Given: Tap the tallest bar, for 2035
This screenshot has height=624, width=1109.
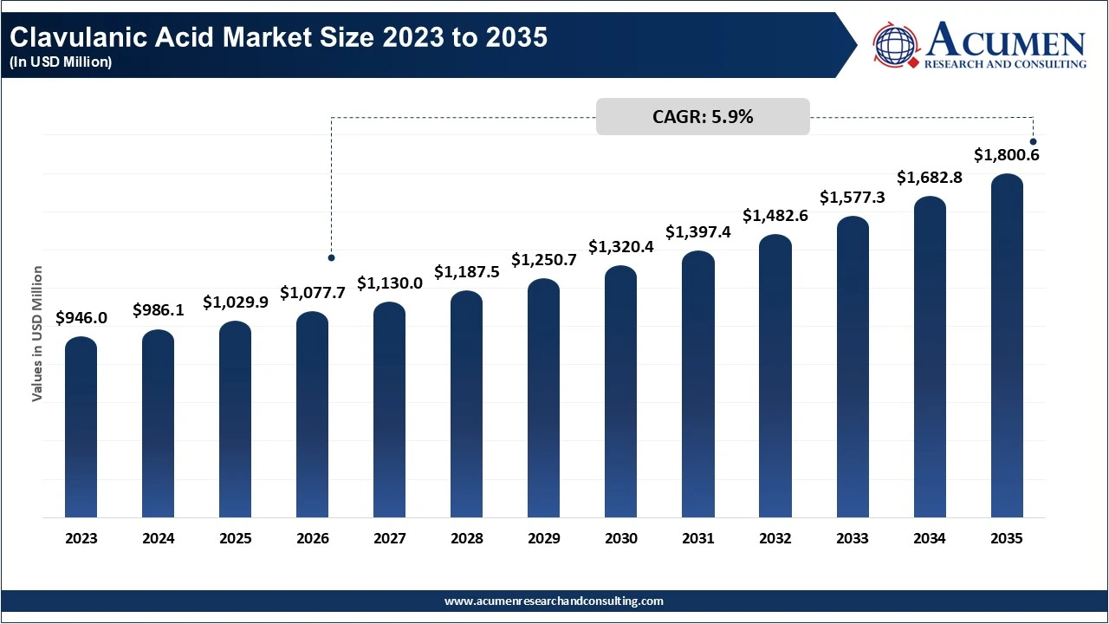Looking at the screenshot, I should [1007, 347].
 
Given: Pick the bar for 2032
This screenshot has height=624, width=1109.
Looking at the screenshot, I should [775, 376].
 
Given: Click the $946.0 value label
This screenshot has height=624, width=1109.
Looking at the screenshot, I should [81, 318].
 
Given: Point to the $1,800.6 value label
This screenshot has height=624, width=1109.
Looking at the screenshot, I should [1007, 155].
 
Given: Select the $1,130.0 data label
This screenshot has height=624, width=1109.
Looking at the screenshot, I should [390, 283].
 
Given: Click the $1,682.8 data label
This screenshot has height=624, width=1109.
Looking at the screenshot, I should [930, 178].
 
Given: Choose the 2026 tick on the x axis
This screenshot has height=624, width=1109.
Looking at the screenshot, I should [313, 538].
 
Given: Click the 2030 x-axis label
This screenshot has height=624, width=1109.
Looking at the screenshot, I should [621, 538].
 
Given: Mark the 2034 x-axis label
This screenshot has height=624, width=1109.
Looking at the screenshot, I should [930, 538].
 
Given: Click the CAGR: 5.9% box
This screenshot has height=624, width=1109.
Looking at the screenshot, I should [703, 117].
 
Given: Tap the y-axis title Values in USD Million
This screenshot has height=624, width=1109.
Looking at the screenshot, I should [37, 334].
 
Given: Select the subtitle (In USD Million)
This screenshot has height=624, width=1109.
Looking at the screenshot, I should [61, 62].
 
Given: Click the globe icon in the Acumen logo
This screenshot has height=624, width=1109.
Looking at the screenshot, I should [897, 46].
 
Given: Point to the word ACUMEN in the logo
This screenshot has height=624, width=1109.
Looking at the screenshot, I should [1005, 42].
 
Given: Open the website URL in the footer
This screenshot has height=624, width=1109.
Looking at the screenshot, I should [554, 601].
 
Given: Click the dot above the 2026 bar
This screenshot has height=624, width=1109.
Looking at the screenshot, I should [331, 257].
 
